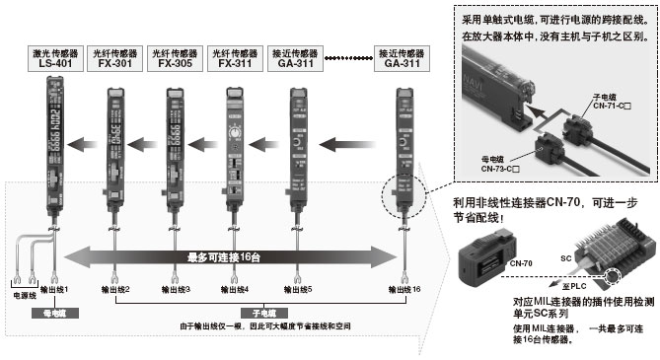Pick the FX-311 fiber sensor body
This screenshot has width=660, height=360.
[x=234, y=148]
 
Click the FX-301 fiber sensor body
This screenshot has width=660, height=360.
[x=113, y=148]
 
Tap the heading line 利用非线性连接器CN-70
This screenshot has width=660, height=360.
[x=538, y=202]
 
